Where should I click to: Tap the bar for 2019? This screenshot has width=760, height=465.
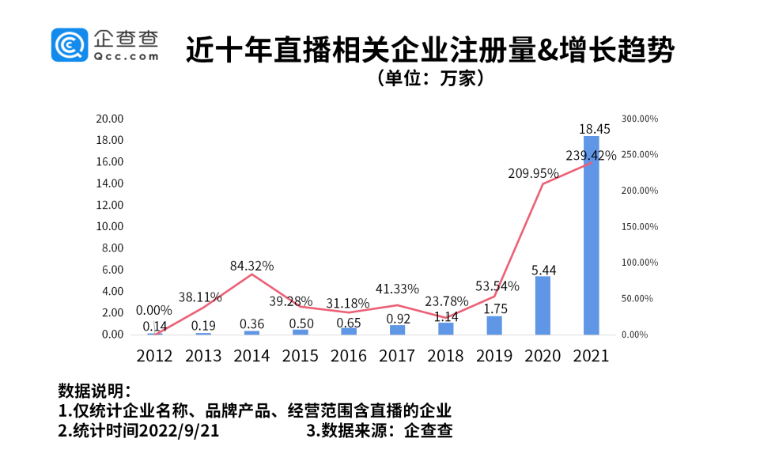tap(493, 325)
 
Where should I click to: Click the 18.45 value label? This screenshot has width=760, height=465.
tap(592, 127)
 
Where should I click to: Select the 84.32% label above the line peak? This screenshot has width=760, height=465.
tap(252, 265)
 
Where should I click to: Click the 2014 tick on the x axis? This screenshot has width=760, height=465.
tap(251, 356)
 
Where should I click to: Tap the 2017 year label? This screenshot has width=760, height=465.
tap(397, 356)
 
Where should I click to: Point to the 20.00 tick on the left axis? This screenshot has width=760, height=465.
tap(110, 119)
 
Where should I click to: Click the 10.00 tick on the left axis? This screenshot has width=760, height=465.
tap(110, 226)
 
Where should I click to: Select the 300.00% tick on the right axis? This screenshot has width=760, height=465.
tap(638, 119)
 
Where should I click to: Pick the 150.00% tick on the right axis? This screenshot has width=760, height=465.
tap(638, 227)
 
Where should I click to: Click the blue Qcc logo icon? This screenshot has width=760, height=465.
tap(70, 45)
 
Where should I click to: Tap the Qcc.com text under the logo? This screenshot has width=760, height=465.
tap(126, 56)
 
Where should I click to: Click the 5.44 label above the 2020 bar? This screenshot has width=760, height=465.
tap(543, 270)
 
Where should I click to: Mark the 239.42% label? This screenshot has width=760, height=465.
tap(591, 156)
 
